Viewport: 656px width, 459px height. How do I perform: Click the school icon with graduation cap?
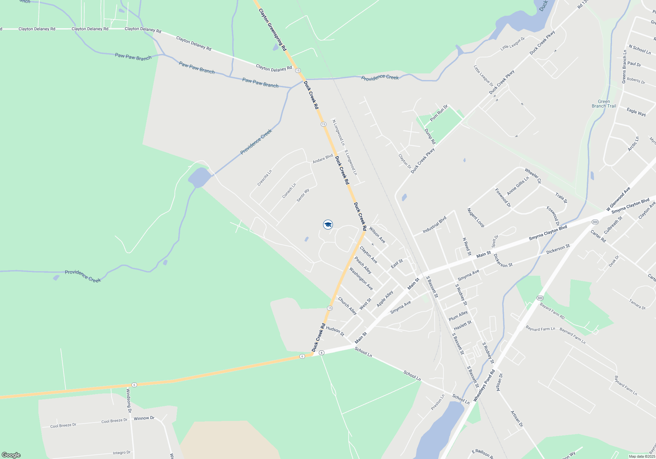pyautogui.click(x=328, y=224)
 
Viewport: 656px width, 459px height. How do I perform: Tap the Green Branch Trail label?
pyautogui.click(x=604, y=104)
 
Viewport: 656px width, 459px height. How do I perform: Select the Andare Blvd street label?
pyautogui.click(x=323, y=159)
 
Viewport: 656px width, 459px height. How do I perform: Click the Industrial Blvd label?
pyautogui.click(x=434, y=225)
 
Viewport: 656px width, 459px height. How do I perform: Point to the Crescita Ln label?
pyautogui.click(x=264, y=178)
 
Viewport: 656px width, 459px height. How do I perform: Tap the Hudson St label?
pyautogui.click(x=335, y=331)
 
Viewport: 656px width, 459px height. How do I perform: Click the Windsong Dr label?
pyautogui.click(x=129, y=400)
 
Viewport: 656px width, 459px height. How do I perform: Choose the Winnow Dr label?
pyautogui.click(x=144, y=418)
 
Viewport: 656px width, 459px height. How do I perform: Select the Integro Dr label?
pyautogui.click(x=121, y=453)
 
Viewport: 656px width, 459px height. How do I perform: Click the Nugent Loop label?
pyautogui.click(x=476, y=217)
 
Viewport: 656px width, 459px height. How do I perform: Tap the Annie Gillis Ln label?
pyautogui.click(x=518, y=186)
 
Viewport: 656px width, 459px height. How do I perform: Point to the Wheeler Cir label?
pyautogui.click(x=533, y=176)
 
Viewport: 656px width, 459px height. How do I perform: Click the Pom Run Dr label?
pyautogui.click(x=439, y=113)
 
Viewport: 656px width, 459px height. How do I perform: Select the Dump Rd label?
pyautogui.click(x=430, y=136)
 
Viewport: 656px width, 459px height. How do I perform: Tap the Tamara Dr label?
pyautogui.click(x=637, y=304)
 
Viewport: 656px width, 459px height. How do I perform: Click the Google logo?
pyautogui.click(x=11, y=455)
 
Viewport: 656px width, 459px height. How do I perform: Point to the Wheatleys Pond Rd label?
pyautogui.click(x=484, y=386)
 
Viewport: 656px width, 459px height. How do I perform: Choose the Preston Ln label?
pyautogui.click(x=438, y=402)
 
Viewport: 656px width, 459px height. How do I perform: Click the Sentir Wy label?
pyautogui.click(x=303, y=195)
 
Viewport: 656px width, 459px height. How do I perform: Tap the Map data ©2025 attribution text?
pyautogui.click(x=642, y=456)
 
